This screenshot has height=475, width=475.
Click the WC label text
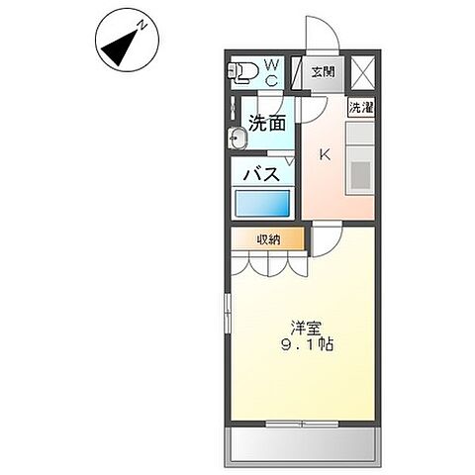click(271, 71)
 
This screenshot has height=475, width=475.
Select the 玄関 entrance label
click(323, 71)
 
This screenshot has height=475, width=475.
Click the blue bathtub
click(263, 204)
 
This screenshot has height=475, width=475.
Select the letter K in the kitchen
click(324, 153)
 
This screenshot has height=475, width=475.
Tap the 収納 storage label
click(270, 238)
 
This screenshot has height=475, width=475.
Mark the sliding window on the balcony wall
click(303, 425)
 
